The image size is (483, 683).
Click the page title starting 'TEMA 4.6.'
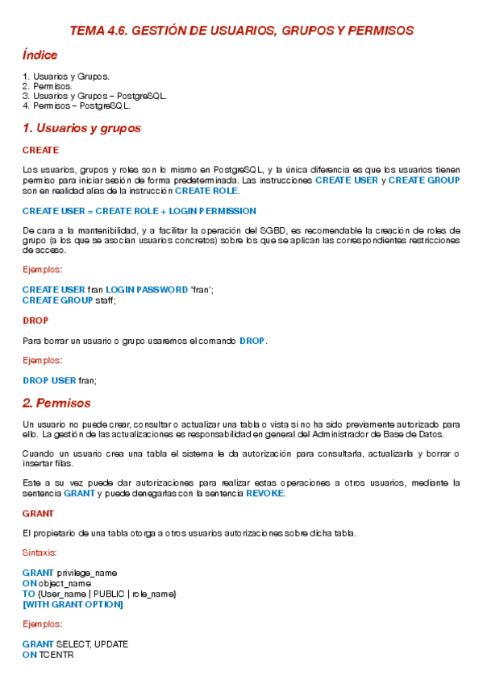coord(241,31)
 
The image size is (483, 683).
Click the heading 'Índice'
coord(40,56)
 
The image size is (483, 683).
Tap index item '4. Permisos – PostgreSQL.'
coord(77,106)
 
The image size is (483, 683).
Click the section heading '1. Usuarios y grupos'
coord(81,128)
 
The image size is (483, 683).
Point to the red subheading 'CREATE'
coord(40,150)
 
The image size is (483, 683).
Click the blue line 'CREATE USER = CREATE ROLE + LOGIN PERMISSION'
coord(139,211)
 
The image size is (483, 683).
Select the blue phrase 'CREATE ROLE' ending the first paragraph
coord(206,191)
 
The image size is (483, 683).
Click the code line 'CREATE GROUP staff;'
coord(69,300)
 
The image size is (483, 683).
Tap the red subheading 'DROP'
coord(35,320)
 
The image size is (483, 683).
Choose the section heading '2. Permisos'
coord(56,403)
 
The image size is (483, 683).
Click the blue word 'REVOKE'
coord(264,493)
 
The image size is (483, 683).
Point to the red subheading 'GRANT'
coord(38,513)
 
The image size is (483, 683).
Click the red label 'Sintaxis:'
coord(40,553)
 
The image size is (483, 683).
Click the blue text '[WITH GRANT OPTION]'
coord(73,604)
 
